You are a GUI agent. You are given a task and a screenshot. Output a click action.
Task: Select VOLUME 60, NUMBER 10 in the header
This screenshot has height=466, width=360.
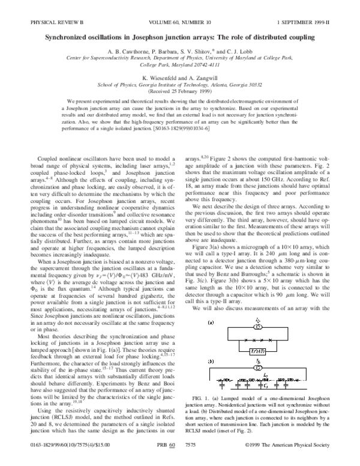click(x=180, y=6)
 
